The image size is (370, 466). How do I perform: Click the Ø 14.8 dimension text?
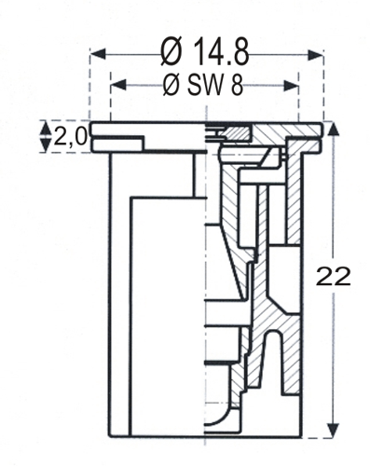tap(205, 52)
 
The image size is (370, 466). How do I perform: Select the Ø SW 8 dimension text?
tap(203, 85)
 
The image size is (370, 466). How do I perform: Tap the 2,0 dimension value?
tap(70, 137)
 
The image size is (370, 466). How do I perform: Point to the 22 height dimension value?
tap(333, 276)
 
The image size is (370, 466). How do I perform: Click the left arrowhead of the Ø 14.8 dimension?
tap(98, 54)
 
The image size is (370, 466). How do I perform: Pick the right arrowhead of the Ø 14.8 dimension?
tap(315, 55)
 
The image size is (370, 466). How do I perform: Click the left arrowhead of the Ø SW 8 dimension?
tap(118, 85)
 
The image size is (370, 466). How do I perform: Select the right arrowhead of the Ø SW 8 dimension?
tap(291, 86)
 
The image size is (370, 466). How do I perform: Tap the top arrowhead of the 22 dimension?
tap(334, 129)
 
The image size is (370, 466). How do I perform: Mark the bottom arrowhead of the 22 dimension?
tap(334, 431)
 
